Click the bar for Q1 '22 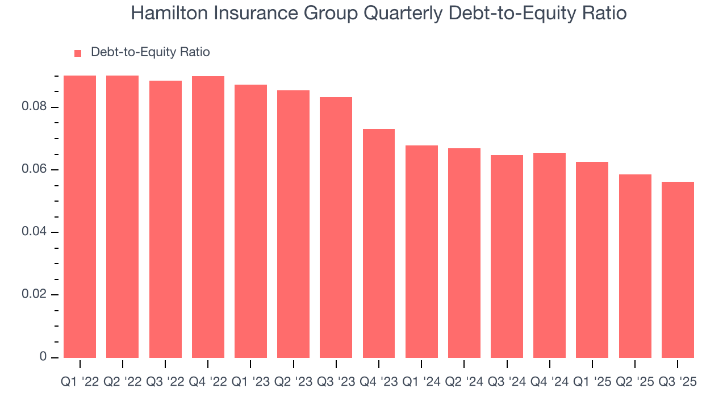80,216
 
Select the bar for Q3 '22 165,219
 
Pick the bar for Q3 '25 678,270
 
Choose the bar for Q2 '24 464,253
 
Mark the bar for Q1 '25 592,260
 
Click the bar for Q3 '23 336,227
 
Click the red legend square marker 78,53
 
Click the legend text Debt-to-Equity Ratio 150,52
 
